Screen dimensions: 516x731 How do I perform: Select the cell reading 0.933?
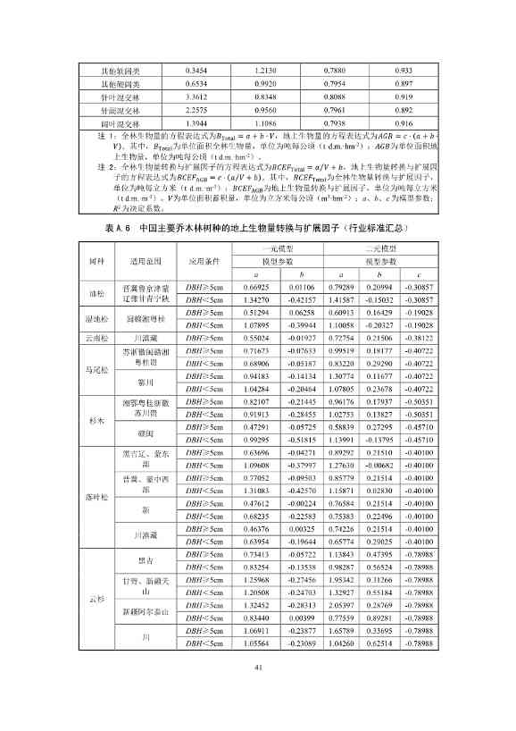pyautogui.click(x=403, y=70)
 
